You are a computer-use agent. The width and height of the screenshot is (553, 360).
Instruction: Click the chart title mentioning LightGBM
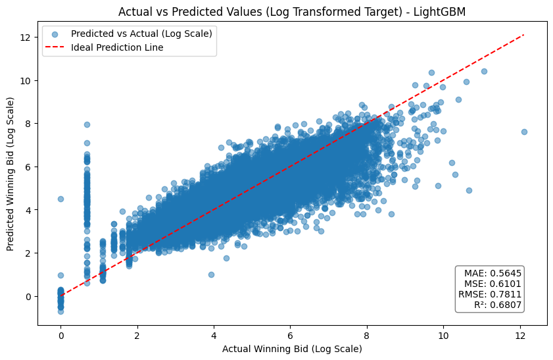292,11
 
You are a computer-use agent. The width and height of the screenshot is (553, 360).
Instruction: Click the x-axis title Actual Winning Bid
292,348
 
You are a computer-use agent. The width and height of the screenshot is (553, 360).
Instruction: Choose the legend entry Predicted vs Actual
141,34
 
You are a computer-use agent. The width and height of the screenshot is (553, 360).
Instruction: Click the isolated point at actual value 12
524,132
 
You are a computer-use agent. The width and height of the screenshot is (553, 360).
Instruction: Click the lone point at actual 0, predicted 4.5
60,199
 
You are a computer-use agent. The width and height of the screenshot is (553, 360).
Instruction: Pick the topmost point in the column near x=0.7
87,124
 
